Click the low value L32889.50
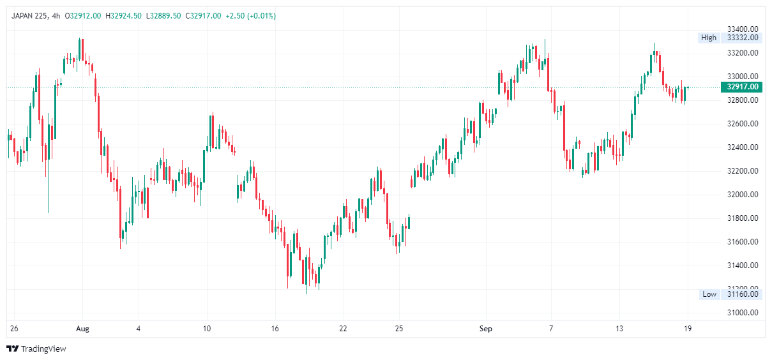click(x=163, y=16)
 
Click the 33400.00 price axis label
click(x=743, y=29)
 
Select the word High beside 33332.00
click(x=709, y=38)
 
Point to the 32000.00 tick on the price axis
click(x=743, y=195)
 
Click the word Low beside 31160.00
click(x=709, y=294)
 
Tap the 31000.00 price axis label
click(x=743, y=313)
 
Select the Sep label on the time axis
click(x=487, y=329)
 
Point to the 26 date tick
click(x=14, y=329)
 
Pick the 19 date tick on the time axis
click(x=688, y=329)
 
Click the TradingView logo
click(x=36, y=349)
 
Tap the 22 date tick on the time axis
click(x=343, y=329)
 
